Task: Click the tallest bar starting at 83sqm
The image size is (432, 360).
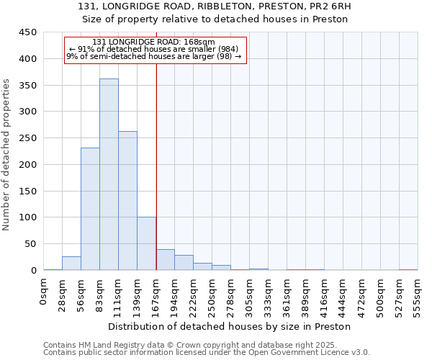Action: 109,174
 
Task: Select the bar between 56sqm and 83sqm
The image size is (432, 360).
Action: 90,209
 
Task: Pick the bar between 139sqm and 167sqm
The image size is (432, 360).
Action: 146,243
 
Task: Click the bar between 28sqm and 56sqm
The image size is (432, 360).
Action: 71,263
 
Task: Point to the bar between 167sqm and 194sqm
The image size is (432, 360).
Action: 166,259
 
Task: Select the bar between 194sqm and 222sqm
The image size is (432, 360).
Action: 184,262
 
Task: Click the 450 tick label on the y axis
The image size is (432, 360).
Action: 28,32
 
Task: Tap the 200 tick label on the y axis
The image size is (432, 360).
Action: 28,164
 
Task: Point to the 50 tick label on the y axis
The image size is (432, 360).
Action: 30,243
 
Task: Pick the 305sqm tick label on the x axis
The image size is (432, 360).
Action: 249,293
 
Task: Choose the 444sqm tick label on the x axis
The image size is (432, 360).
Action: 343,293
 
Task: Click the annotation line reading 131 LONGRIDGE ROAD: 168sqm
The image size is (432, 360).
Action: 154,42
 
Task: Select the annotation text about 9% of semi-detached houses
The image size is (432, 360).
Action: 154,56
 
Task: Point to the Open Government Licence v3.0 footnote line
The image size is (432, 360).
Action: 206,353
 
